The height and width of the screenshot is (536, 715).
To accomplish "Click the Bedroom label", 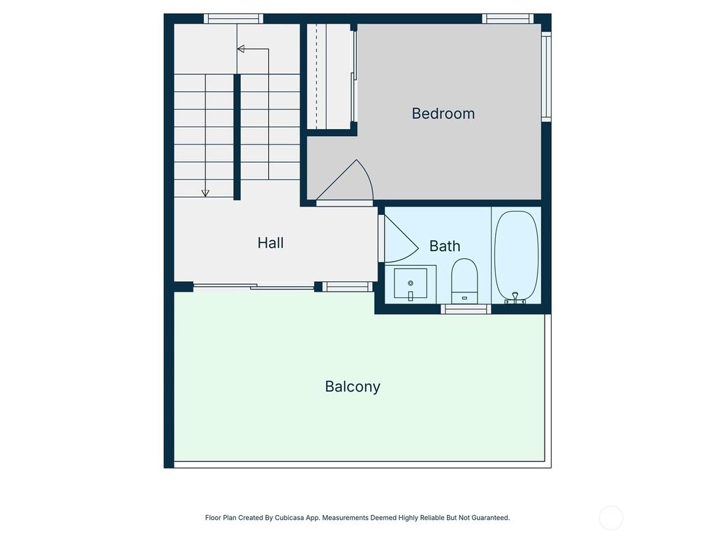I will click(x=443, y=113).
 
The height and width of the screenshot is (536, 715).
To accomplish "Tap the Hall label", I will click(x=270, y=243).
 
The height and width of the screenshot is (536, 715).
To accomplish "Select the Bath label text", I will click(x=444, y=246).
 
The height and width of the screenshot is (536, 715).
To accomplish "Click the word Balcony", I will click(x=353, y=386).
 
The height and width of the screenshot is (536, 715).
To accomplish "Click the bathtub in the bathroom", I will click(x=516, y=255).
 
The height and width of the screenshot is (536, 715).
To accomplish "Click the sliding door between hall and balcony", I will click(x=253, y=285).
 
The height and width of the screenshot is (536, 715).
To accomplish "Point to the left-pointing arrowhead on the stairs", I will click(x=241, y=49).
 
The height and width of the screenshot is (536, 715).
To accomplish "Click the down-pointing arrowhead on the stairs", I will click(x=205, y=193).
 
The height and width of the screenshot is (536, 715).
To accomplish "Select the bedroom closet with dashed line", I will click(x=329, y=77).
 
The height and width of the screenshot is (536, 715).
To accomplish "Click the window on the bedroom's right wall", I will click(x=546, y=77).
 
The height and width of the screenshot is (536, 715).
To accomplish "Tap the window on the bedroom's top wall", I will click(x=508, y=19).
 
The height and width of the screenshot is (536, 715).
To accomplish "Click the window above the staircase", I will click(x=234, y=19).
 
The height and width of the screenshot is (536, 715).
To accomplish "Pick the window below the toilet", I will click(x=466, y=308).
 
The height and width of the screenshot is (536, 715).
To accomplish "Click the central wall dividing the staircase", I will click(x=237, y=137).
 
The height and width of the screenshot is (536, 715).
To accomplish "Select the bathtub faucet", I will click(x=515, y=298).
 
